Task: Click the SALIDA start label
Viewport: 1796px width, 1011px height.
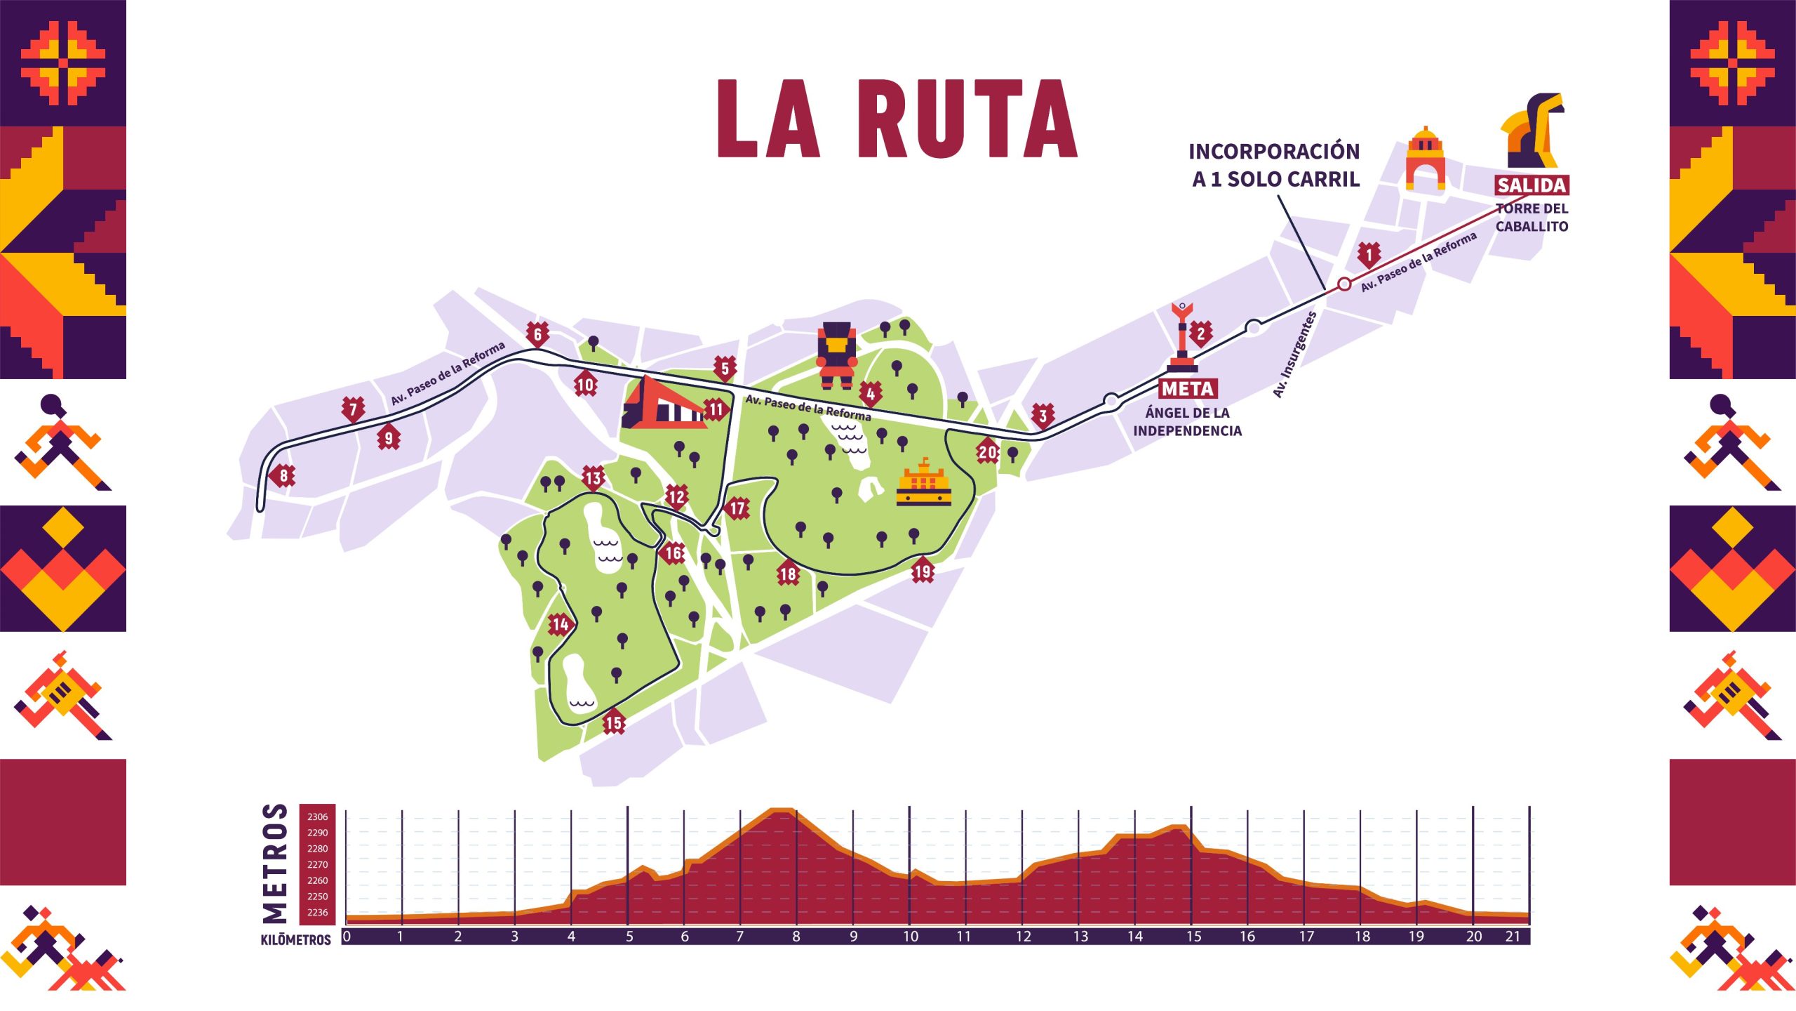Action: pos(1532,185)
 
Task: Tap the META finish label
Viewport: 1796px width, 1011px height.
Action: pos(1187,388)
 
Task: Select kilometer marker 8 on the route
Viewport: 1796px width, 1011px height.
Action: pos(283,476)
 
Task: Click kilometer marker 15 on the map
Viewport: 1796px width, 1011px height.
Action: pos(614,722)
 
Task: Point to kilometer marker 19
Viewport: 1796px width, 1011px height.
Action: pos(923,571)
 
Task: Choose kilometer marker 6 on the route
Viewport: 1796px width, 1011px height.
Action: pos(537,334)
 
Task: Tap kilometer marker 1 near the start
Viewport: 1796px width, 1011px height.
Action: pos(1368,254)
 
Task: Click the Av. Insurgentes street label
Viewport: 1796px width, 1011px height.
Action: pos(1295,355)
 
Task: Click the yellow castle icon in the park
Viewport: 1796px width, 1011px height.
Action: pos(923,484)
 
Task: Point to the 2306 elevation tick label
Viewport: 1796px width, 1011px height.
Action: pos(317,817)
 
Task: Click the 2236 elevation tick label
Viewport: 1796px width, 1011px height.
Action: pos(317,912)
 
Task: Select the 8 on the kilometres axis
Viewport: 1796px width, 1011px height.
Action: pos(796,937)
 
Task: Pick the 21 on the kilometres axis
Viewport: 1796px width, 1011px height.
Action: pos(1513,937)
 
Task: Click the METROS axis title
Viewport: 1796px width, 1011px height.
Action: pos(275,863)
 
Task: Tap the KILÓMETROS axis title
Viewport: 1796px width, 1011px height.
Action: pos(295,939)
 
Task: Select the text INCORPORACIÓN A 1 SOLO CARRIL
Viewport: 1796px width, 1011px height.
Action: pos(1275,165)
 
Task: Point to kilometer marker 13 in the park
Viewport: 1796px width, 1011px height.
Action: pos(594,478)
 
